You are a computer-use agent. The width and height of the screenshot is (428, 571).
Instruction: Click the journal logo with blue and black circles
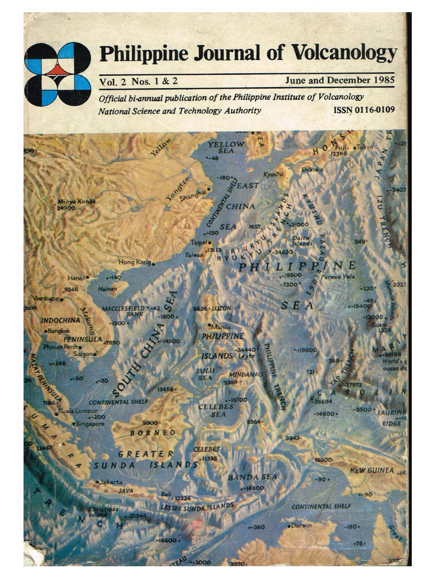(57, 74)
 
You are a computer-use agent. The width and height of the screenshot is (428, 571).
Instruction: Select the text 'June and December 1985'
(339, 80)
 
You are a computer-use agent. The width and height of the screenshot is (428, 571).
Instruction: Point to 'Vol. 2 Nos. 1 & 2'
(138, 81)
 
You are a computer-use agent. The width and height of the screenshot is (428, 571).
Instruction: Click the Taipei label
(198, 243)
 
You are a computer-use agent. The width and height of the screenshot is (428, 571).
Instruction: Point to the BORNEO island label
(153, 432)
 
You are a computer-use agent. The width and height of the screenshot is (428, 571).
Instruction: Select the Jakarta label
(110, 481)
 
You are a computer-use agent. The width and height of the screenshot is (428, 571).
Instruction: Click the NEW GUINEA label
(372, 471)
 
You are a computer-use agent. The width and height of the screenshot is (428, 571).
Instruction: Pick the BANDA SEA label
(252, 477)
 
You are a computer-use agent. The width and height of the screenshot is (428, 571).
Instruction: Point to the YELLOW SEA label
(226, 147)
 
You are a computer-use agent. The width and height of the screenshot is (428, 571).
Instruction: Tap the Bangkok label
(58, 331)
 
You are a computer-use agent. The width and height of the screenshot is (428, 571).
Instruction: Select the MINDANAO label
(246, 375)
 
